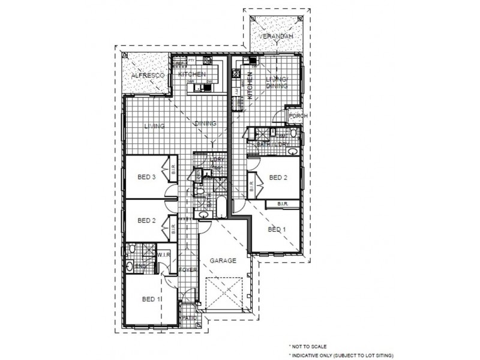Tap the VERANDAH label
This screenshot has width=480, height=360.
(276, 37)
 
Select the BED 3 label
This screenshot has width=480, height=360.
(147, 176)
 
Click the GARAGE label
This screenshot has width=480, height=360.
(222, 261)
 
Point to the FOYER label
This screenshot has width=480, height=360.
(188, 271)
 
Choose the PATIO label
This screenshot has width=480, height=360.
(190, 317)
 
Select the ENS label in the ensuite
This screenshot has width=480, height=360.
(142, 265)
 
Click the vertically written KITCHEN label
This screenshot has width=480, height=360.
(251, 84)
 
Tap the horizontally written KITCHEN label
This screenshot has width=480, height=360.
(193, 74)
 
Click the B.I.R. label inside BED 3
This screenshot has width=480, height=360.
(173, 172)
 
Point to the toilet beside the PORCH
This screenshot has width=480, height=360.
(293, 134)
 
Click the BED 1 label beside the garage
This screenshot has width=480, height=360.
(277, 229)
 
